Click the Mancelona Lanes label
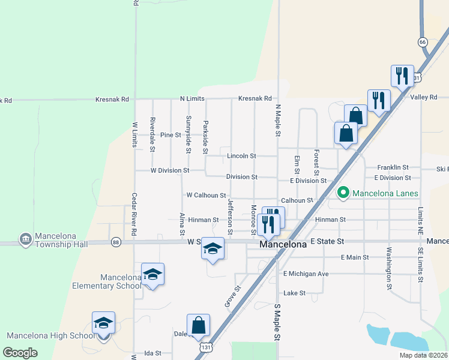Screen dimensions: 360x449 pos(385,193)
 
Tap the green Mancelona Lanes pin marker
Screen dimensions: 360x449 pos(343,193)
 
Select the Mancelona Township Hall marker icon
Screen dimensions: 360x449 pos(25,239)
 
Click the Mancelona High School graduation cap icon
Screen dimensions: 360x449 pos(103,324)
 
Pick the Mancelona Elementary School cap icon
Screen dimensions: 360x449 pos(152,275)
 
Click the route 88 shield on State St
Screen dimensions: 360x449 pos(116,242)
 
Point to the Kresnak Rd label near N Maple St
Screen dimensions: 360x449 pos(255,98)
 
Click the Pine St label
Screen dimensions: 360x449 pos(170,135)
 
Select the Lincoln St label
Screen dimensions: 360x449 pos(241,156)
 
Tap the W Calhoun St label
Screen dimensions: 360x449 pos(206,195)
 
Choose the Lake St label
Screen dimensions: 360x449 pos(294,293)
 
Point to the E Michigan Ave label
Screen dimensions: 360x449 pos(306,274)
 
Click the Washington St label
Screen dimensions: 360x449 pos(389,268)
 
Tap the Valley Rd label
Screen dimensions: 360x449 pos(424,97)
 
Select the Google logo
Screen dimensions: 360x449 pos(20,353)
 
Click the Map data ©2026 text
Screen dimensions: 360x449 pos(423,355)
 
